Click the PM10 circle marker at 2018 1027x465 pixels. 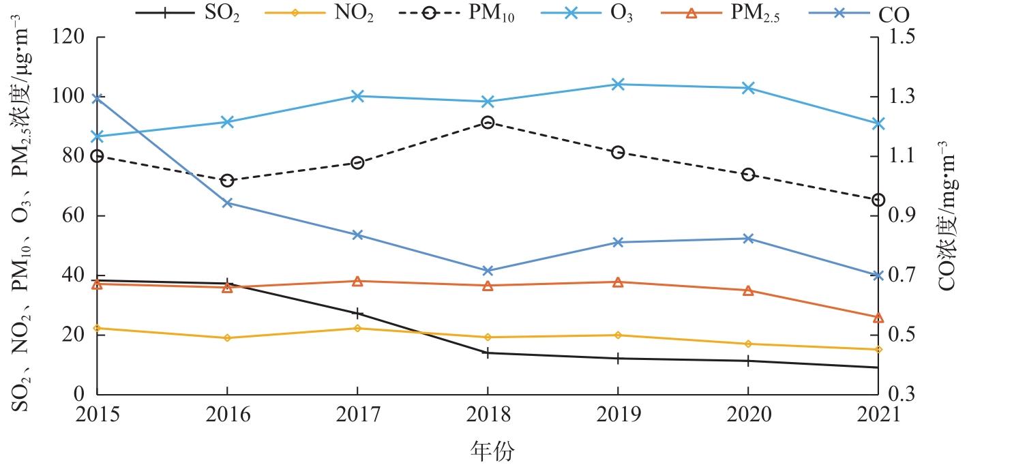tap(488, 123)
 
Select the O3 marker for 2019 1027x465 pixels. tap(618, 85)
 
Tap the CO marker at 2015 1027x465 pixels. tap(97, 99)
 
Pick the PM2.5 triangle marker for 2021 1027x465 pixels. tap(878, 318)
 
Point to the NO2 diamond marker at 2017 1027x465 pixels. tap(357, 328)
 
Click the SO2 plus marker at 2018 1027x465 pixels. tap(488, 353)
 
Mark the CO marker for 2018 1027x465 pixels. tap(488, 271)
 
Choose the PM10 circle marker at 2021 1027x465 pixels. tap(878, 200)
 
